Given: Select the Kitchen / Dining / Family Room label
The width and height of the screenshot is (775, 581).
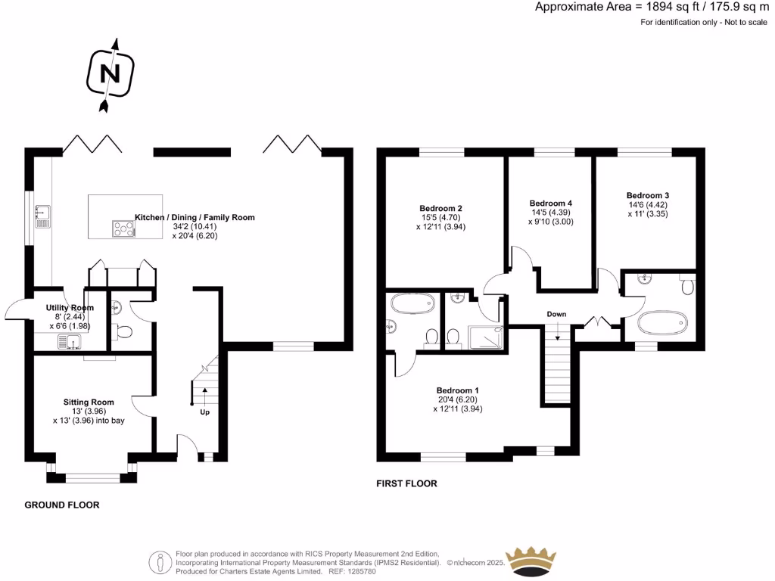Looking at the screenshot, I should tap(195, 217).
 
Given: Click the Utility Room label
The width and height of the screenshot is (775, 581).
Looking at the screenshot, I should tap(70, 308).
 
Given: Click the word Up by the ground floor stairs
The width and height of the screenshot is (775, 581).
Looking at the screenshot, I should tap(204, 412).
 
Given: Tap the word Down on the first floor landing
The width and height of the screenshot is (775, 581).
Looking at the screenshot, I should tap(557, 314).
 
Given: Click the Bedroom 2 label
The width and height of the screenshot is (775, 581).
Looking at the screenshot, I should tap(440, 209).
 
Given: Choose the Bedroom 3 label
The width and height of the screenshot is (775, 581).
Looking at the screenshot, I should tap(647, 194).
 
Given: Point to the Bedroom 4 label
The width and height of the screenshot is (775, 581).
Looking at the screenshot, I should tap(550, 204).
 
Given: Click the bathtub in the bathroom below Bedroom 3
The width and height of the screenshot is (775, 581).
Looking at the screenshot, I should tap(664, 324).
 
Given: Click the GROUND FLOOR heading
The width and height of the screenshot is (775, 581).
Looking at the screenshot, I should tap(62, 505).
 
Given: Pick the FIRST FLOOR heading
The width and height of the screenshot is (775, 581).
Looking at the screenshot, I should tap(406, 483).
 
